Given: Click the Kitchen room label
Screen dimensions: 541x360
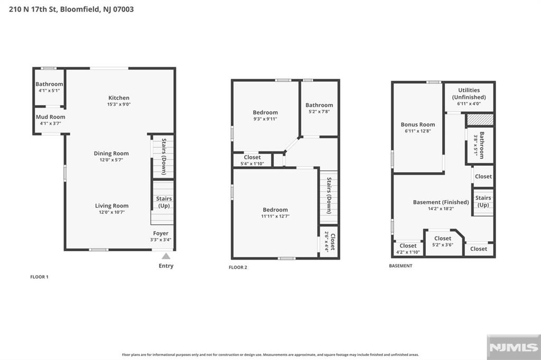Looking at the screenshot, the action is click(119, 98).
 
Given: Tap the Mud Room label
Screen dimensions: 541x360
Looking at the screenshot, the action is click(50, 117).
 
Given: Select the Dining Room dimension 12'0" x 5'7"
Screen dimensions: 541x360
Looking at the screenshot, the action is click(111, 160).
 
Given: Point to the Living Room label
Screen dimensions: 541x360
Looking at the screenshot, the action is click(112, 206).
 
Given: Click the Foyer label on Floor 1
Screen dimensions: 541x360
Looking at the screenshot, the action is click(161, 233).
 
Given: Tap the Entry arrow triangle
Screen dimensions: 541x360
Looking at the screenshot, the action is click(166, 256).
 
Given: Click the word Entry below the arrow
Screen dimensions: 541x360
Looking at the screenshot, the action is click(166, 266).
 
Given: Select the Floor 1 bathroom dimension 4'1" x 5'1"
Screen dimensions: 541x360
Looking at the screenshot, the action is click(49, 91).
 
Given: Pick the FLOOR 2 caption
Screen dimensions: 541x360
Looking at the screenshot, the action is click(238, 267).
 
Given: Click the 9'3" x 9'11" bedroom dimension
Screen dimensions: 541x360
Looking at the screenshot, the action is click(265, 119).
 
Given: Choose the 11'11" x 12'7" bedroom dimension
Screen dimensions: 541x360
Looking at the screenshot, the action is click(275, 216).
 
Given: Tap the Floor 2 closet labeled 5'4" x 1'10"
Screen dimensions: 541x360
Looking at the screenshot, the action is click(252, 160).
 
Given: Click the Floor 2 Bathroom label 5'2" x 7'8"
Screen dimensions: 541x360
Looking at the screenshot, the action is click(319, 108).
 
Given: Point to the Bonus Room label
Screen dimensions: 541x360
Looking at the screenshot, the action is click(418, 125).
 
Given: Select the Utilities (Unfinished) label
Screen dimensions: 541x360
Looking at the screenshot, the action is click(469, 93).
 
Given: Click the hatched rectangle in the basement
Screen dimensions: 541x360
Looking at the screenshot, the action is click(480, 120).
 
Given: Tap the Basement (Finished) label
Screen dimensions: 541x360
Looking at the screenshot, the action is click(441, 202).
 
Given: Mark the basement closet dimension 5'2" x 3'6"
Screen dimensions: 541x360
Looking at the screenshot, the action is click(443, 245).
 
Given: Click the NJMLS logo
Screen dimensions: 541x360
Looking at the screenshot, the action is click(514, 347).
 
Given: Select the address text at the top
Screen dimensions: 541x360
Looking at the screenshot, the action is click(71, 10).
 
